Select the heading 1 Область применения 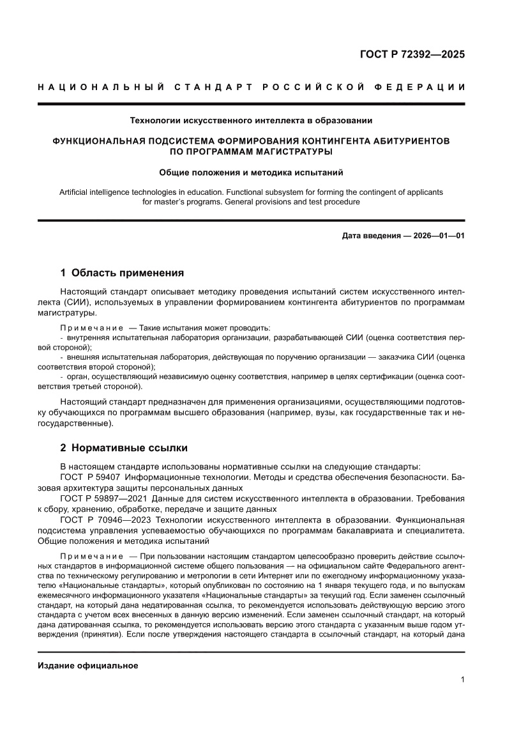(122, 273)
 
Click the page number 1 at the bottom (462, 679)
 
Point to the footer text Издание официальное (88, 665)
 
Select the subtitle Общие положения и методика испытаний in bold (251, 171)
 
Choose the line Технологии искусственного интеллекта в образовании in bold (251, 119)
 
